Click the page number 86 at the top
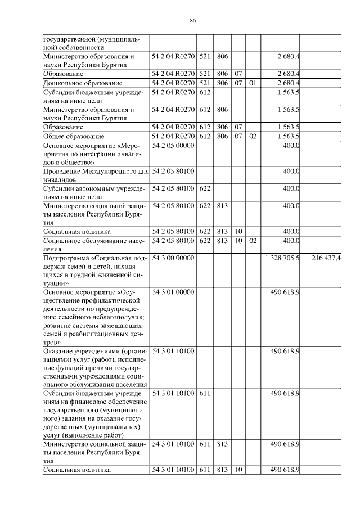[x=192, y=20]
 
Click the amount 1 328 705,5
[x=282, y=258]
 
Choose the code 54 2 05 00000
[x=173, y=145]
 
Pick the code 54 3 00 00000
[x=173, y=258]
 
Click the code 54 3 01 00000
[x=173, y=292]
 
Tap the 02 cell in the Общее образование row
[x=253, y=136]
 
